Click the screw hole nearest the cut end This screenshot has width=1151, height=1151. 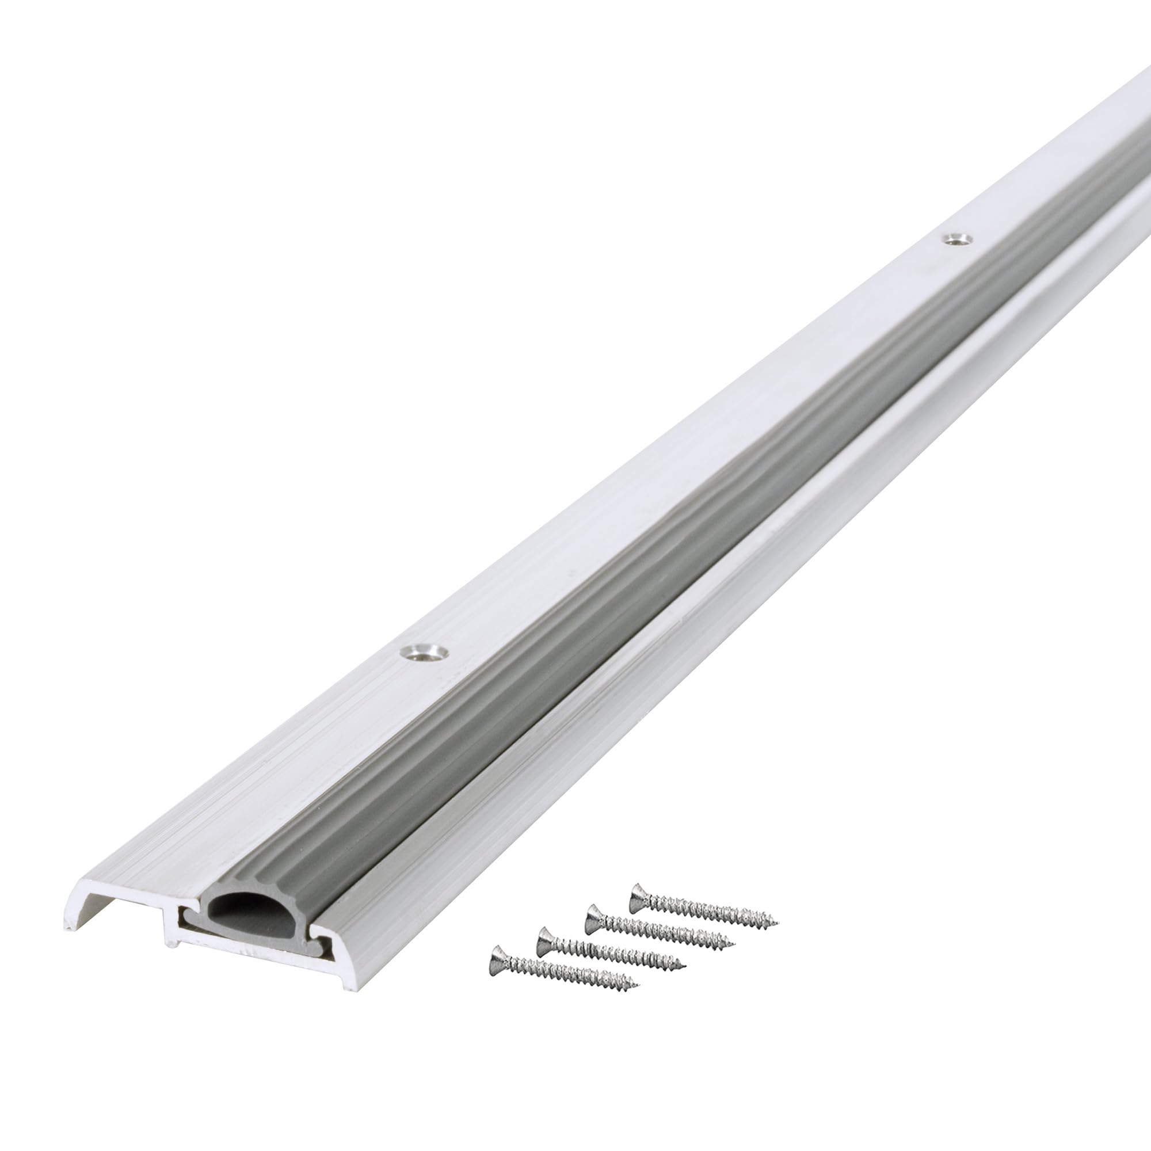point(425,653)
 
